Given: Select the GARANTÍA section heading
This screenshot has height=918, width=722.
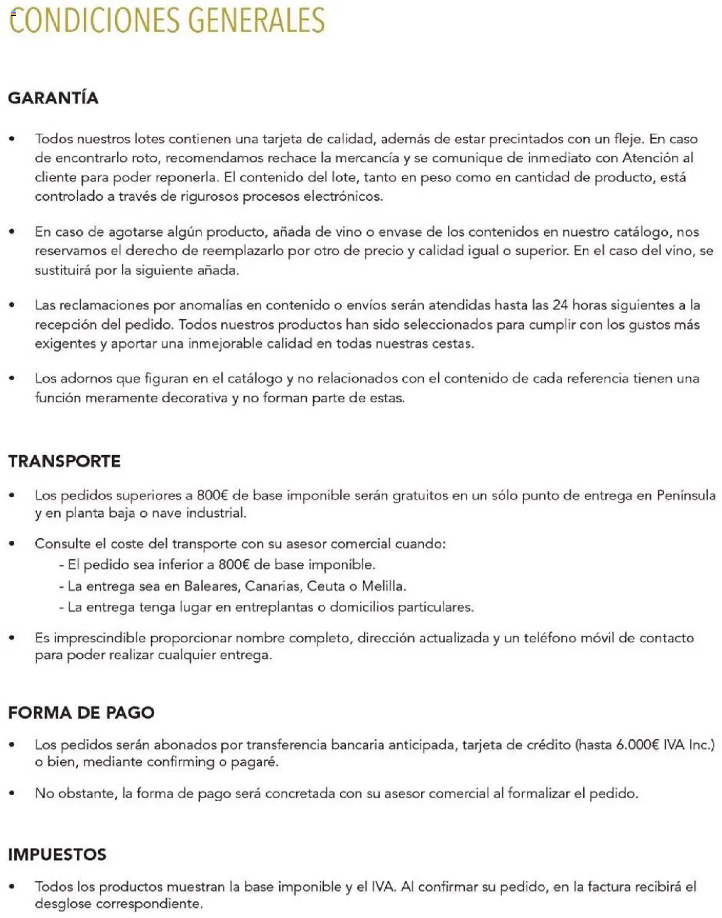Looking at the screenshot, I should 54,98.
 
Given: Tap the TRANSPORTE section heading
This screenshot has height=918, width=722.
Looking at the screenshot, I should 64,461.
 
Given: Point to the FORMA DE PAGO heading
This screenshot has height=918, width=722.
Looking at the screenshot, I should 81,712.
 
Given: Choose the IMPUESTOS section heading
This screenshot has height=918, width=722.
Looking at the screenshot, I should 57,854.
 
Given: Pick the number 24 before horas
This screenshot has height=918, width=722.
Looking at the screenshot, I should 560,305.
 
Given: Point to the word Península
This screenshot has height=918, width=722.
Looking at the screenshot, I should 686,495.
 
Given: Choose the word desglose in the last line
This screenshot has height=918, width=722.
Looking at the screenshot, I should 62,904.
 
